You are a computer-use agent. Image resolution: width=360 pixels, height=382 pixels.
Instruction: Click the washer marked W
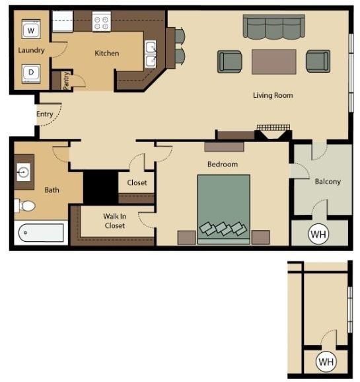tap(31, 30)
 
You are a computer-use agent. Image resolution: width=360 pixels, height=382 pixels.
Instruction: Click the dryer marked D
tap(31, 73)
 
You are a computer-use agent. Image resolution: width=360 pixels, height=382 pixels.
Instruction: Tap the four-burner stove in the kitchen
tap(102, 21)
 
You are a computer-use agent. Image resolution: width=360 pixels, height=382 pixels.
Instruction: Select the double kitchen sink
tap(151, 54)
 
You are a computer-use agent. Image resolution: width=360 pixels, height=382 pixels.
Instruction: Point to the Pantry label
tap(66, 81)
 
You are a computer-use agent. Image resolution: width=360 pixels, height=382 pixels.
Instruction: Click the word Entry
tap(45, 114)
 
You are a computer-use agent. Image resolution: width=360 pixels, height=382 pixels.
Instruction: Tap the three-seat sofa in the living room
tap(273, 27)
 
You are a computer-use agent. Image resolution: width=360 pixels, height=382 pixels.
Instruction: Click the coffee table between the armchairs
tap(274, 62)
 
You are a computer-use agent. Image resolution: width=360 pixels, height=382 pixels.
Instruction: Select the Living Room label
tap(273, 95)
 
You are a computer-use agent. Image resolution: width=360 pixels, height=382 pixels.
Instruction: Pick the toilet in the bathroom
tap(25, 206)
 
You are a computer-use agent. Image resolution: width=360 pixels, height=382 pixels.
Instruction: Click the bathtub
tap(41, 233)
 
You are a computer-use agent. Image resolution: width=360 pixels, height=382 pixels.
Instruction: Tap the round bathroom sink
tap(23, 172)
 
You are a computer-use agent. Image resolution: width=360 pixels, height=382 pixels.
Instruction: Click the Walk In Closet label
tap(115, 221)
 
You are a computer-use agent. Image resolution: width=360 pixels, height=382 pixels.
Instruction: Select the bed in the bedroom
tap(224, 210)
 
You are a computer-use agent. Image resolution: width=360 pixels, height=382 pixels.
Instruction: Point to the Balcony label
tap(328, 182)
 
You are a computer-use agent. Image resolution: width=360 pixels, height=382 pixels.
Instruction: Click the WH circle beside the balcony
tap(318, 234)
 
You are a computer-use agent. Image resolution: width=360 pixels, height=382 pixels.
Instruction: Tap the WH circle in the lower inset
tap(326, 362)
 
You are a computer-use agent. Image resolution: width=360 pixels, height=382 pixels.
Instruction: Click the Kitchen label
tap(107, 54)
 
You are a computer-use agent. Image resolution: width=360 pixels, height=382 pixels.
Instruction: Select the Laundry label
tap(31, 50)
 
